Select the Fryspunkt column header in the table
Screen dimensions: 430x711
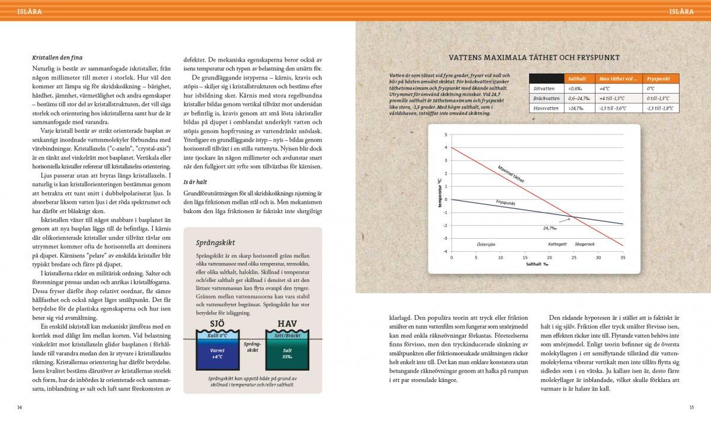point(658,78)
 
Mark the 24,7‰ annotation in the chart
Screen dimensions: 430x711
point(549,227)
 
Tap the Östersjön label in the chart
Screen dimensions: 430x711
point(486,243)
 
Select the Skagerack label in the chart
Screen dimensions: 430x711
point(585,243)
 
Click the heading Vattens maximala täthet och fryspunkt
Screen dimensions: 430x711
point(534,58)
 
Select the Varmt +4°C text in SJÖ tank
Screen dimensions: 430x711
point(217,353)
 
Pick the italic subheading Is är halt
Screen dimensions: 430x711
point(194,182)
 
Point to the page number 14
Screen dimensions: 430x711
point(20,407)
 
